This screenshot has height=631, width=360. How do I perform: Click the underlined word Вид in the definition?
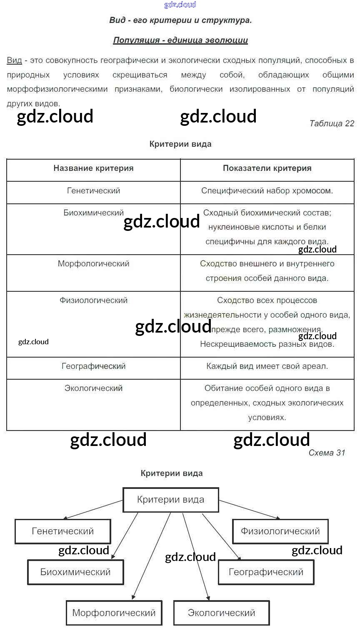click(x=14, y=60)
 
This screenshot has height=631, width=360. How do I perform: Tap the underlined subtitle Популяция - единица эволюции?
click(x=180, y=40)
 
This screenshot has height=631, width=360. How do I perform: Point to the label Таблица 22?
click(x=332, y=123)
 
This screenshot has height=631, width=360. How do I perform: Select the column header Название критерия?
click(x=93, y=168)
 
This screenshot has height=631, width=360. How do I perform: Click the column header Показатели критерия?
click(x=267, y=168)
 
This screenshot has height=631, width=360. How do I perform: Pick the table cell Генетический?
click(x=93, y=191)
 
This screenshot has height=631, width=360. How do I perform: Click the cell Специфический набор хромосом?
click(x=267, y=191)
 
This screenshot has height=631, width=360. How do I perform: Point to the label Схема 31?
click(x=327, y=453)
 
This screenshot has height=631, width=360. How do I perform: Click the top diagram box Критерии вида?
click(x=171, y=499)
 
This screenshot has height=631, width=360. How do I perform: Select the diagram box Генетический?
click(x=63, y=531)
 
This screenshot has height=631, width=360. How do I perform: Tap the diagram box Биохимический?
click(x=75, y=572)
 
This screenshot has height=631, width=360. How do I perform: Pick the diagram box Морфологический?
click(x=114, y=613)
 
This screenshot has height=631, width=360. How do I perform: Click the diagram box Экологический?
click(x=221, y=613)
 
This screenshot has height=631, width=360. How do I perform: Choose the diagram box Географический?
click(x=266, y=572)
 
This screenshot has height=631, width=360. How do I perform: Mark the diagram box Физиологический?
click(x=280, y=531)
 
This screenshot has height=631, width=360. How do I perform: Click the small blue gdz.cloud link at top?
click(x=180, y=5)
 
